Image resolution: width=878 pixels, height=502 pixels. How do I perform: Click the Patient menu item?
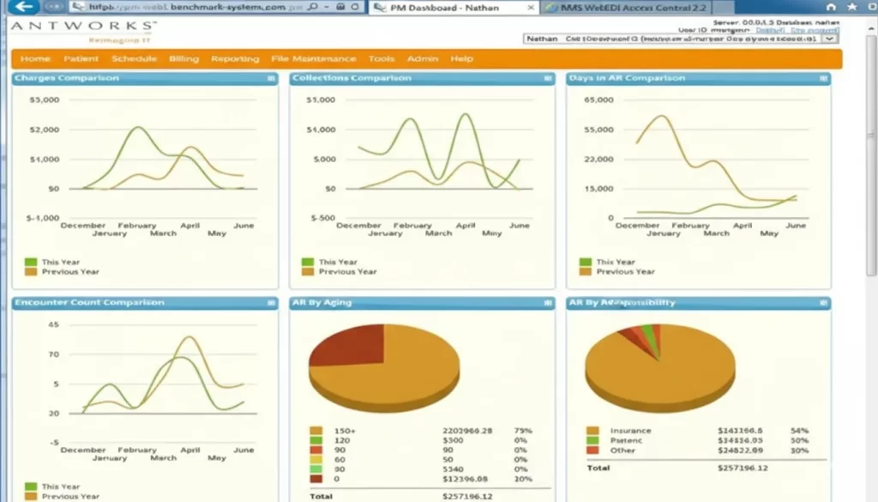click(x=81, y=59)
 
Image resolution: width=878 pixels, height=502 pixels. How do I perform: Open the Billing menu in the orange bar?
click(x=183, y=59)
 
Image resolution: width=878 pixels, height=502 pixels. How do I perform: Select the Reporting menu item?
click(x=235, y=59)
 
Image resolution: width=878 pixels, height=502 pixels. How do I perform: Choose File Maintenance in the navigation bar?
click(x=313, y=59)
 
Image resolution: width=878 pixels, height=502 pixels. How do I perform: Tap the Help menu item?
click(x=461, y=59)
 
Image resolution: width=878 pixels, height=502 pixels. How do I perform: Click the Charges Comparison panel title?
click(x=68, y=78)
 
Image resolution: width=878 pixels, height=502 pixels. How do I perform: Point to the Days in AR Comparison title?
click(x=627, y=78)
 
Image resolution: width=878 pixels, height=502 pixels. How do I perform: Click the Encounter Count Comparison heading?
click(x=89, y=303)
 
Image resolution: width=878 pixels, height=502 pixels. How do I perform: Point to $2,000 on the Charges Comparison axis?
click(x=44, y=130)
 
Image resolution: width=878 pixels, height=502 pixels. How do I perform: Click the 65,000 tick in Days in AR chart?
click(x=598, y=100)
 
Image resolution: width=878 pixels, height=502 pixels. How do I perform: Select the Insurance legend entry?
click(x=630, y=431)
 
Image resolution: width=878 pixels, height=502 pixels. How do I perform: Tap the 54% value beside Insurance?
click(x=799, y=431)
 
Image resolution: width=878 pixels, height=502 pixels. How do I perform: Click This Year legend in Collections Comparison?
click(x=338, y=262)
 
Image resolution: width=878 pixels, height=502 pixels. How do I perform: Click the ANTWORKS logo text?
click(x=83, y=27)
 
